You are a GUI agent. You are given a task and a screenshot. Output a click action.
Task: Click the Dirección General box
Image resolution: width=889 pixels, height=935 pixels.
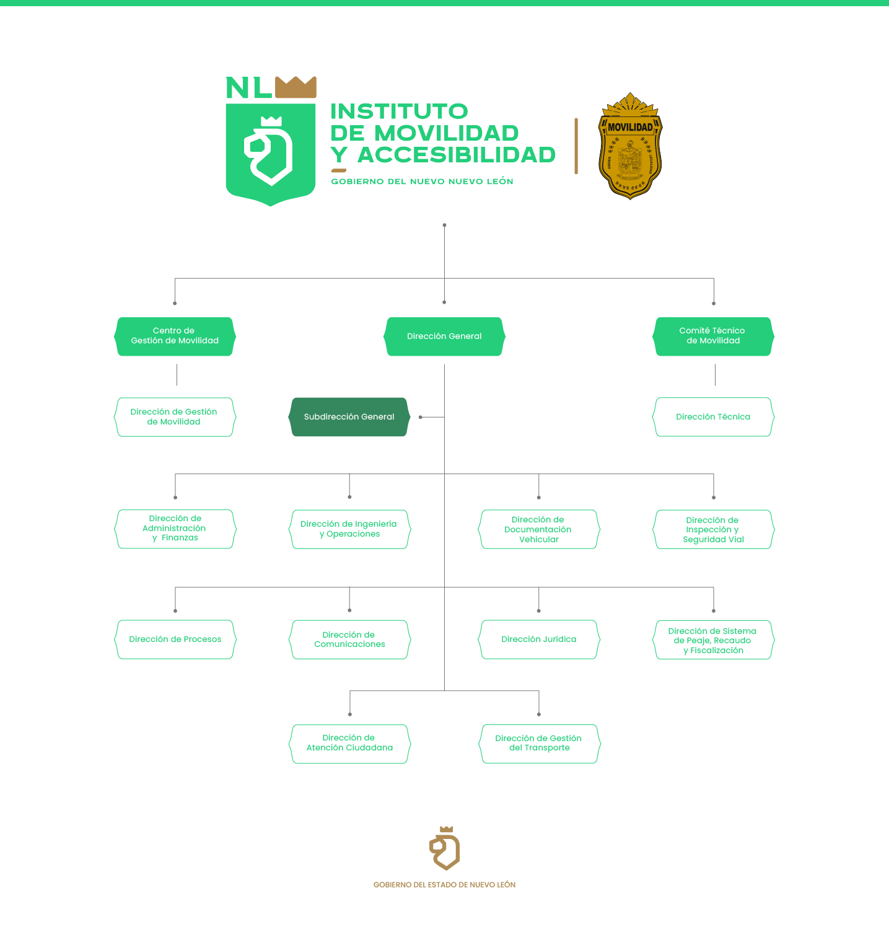pos(444,336)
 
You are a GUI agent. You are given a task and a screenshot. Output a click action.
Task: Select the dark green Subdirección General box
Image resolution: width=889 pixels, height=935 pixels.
pos(349,417)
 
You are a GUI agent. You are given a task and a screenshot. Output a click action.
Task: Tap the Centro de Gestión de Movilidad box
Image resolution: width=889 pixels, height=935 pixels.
pos(175,336)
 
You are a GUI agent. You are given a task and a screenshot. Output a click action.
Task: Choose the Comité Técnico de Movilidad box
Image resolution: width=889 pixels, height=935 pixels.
pos(713,336)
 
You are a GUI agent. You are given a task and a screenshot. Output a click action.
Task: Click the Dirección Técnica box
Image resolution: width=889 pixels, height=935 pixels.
pos(713,417)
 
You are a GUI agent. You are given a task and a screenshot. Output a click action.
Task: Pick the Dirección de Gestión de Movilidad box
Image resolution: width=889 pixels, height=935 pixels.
pos(175,417)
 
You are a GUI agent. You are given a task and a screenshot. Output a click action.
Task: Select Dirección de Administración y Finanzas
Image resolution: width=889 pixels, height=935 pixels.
pos(175,529)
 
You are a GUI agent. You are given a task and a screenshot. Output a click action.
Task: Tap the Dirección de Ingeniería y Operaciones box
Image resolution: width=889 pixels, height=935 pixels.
pos(349,529)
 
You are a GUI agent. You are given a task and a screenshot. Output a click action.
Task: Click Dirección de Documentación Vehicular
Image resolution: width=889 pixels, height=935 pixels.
pos(538,529)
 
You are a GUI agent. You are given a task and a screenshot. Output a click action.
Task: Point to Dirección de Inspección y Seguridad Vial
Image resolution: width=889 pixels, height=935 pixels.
pos(713,529)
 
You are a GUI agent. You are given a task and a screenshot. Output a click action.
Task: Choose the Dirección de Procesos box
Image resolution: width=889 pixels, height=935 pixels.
pos(175,639)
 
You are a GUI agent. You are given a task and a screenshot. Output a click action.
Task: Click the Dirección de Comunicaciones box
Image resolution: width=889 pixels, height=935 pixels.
pos(349,639)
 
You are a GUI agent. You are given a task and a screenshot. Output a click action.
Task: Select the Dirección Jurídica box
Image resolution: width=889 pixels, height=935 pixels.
pos(538,639)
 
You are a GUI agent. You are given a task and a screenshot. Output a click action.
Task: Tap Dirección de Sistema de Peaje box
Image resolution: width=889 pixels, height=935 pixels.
pos(713,640)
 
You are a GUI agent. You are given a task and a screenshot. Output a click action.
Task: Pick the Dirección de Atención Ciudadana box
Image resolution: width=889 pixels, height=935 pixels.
pos(349,744)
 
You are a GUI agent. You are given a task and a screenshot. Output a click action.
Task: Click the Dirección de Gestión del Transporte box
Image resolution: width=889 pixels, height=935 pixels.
pos(538,744)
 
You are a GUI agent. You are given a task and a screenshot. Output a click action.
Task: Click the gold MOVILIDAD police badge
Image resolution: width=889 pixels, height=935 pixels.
pos(630,147)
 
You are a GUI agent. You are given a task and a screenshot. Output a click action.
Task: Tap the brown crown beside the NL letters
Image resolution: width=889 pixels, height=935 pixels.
pos(296,87)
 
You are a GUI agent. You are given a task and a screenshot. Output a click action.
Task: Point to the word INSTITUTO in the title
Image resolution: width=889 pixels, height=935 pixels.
pos(399,112)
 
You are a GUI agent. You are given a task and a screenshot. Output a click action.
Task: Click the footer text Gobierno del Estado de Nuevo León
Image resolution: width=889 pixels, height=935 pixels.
pos(444,885)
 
